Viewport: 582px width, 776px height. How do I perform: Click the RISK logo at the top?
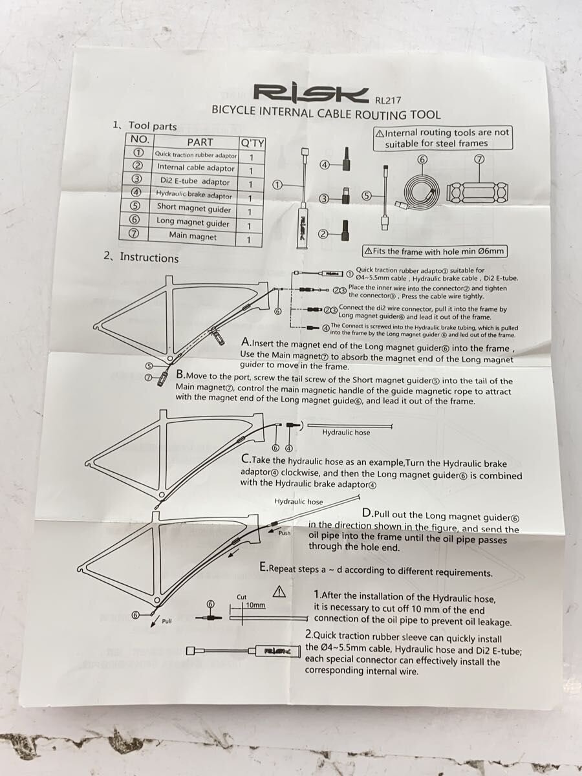point(311,92)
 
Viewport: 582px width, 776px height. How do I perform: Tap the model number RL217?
point(388,100)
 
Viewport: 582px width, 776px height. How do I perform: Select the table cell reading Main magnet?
point(192,235)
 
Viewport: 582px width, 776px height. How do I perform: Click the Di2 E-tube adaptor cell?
point(195,181)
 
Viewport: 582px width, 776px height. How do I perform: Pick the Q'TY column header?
point(252,143)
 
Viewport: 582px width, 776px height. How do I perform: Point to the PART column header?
point(200,142)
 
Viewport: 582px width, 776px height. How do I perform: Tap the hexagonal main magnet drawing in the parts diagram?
point(477,191)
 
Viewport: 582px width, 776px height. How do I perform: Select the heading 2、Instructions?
point(141,257)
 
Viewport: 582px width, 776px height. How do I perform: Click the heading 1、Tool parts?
point(144,125)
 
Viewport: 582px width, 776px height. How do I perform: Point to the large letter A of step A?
point(246,342)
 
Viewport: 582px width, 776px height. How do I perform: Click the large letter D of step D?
point(367,513)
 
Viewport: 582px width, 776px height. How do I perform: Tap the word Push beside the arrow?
point(285,533)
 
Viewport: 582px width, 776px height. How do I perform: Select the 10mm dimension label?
point(255,605)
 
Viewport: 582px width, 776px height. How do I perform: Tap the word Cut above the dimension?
point(242,597)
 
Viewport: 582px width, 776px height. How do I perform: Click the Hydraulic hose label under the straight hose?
point(346,433)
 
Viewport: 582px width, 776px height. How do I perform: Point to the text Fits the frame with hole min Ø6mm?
point(435,252)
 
